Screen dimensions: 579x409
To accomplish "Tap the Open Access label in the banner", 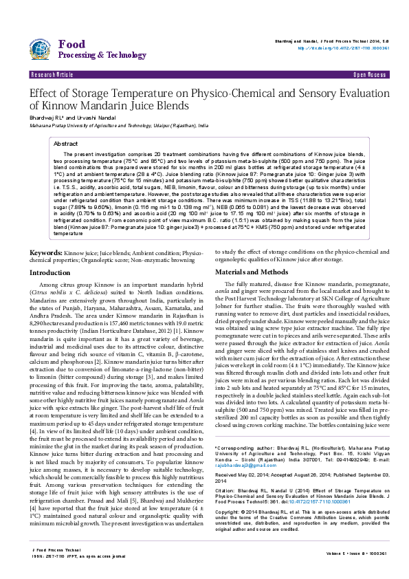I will pyautogui.click(x=368, y=73).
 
